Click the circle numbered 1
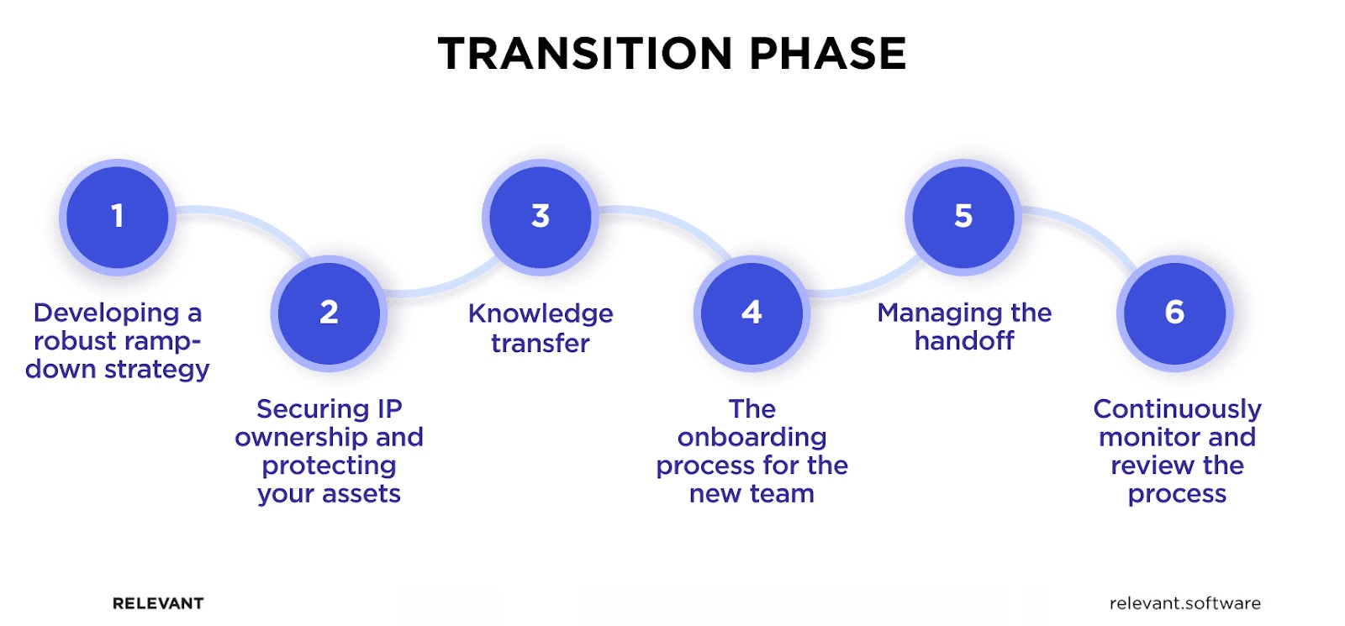click(118, 217)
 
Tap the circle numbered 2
click(329, 313)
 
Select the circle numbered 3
click(541, 217)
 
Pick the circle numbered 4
click(752, 313)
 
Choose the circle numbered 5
click(963, 217)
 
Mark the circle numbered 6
click(1174, 313)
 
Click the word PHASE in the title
click(827, 54)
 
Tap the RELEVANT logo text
click(158, 603)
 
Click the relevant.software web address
click(1184, 603)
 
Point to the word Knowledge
click(541, 313)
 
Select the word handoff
click(964, 341)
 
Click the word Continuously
click(1177, 409)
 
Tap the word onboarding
click(752, 438)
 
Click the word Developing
click(106, 313)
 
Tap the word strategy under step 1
click(157, 370)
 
